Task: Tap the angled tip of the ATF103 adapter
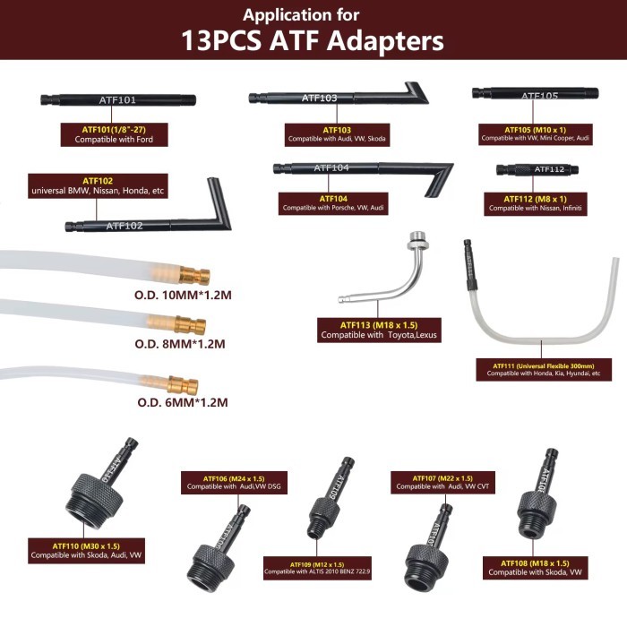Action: pyautogui.click(x=415, y=92)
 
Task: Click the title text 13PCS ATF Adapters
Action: pyautogui.click(x=313, y=40)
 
